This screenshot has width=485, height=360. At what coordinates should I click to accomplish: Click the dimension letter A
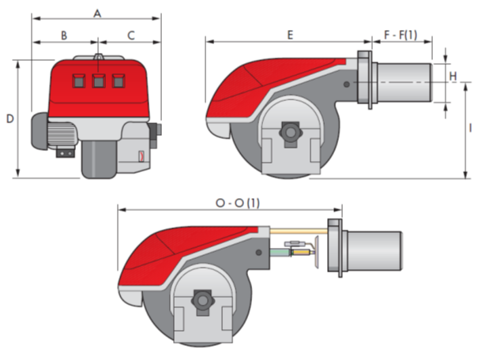tap(97, 13)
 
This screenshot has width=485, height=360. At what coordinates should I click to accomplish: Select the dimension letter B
tap(64, 36)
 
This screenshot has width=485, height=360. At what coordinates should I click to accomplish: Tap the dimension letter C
tap(131, 36)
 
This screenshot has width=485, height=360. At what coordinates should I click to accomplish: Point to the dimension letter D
tap(10, 118)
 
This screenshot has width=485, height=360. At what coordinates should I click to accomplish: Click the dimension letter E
tap(290, 35)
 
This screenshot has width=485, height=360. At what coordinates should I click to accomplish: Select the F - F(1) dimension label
tap(400, 35)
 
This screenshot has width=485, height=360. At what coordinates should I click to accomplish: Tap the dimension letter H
tap(453, 76)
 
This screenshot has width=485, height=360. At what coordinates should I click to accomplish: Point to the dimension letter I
tap(471, 128)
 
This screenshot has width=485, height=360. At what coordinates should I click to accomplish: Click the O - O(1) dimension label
tap(238, 203)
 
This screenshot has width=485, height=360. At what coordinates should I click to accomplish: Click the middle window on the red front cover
tap(99, 81)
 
